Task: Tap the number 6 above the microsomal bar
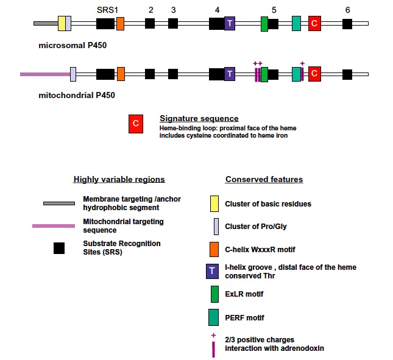[347, 10]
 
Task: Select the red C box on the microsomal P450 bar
[314, 24]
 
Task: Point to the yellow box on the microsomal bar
[62, 24]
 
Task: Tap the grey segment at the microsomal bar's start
[46, 24]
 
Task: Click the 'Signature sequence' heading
[199, 118]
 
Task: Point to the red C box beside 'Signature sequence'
[136, 124]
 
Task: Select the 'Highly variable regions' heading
[119, 180]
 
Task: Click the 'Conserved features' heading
[264, 180]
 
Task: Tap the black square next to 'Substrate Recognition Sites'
[59, 248]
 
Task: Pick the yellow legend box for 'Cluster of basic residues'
[214, 203]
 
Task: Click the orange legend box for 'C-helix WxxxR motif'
[214, 250]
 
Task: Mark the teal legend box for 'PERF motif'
[214, 317]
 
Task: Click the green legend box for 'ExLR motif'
[214, 294]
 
